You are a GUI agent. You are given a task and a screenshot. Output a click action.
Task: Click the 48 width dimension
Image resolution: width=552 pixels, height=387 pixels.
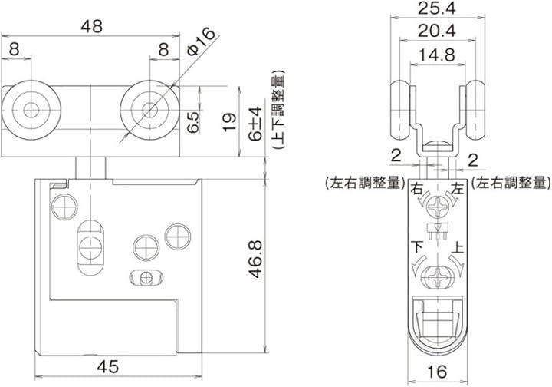(x=91, y=26)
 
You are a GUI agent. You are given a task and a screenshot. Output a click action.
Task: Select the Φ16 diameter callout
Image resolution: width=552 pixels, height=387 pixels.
(x=201, y=41)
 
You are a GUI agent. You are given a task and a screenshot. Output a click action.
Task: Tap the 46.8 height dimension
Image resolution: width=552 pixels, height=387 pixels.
(x=256, y=259)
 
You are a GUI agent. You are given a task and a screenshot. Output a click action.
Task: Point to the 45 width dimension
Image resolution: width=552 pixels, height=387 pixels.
(x=108, y=367)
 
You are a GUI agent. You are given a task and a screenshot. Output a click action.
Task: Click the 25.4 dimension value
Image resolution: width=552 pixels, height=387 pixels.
(x=437, y=8)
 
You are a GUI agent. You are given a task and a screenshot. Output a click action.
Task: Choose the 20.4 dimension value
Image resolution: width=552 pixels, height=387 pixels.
(x=437, y=31)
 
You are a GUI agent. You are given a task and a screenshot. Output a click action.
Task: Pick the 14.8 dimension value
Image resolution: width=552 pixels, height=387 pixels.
(x=437, y=55)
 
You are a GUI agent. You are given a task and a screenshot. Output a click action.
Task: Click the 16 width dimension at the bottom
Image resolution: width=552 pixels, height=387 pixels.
(x=438, y=372)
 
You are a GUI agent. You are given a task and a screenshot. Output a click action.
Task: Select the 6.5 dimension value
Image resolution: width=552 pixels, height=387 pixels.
(x=193, y=121)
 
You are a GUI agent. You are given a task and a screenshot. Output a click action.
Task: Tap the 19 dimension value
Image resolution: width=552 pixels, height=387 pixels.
(x=229, y=122)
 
